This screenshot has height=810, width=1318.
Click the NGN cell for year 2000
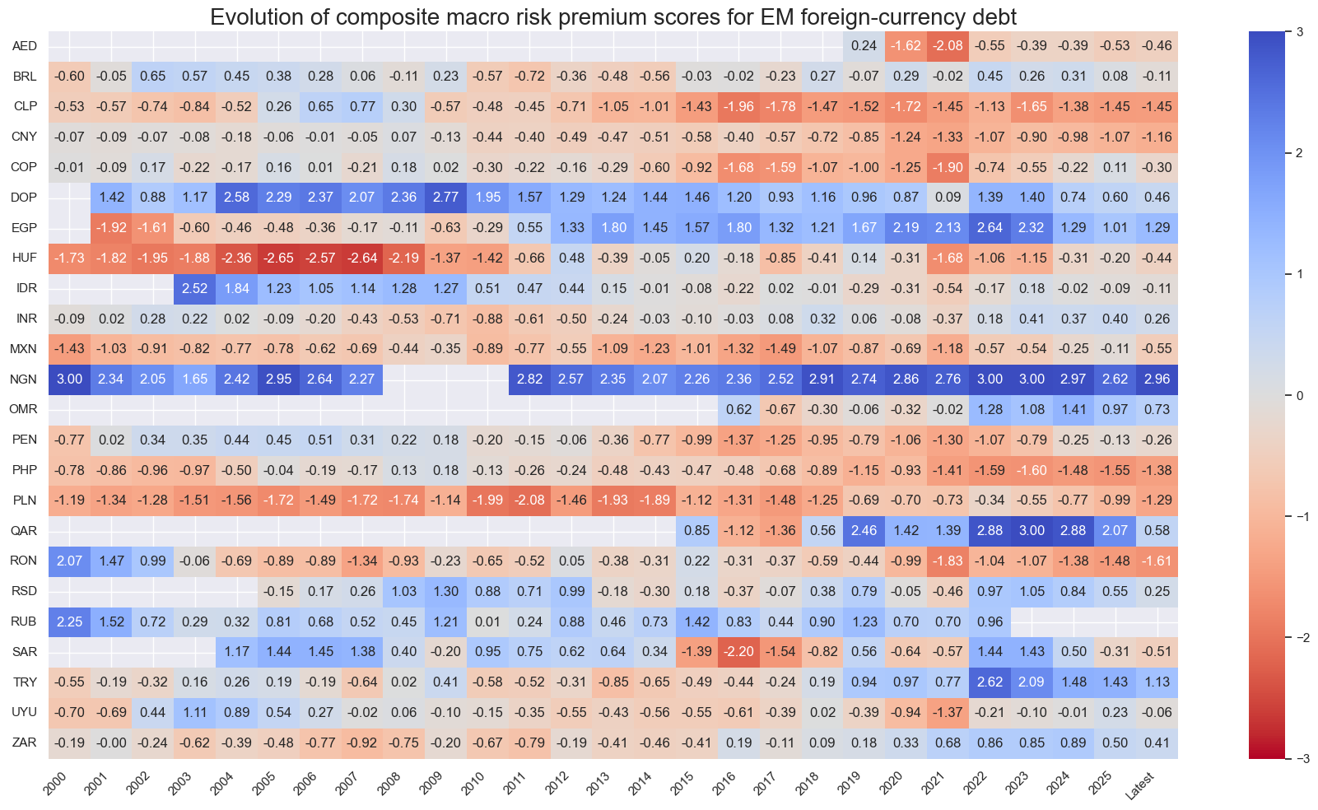[69, 379]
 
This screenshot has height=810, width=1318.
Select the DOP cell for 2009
[446, 198]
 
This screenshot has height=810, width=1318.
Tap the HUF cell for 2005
[278, 258]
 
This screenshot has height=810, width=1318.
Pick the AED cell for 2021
[948, 46]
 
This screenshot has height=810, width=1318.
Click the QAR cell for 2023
[1032, 531]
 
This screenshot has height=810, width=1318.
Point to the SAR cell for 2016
[738, 652]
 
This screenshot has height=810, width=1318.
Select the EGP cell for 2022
[990, 228]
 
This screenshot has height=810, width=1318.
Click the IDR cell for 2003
[195, 288]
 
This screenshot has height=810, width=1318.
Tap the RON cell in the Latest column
[1157, 561]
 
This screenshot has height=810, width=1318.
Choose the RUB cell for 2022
[990, 621]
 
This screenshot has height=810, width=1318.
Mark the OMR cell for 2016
[738, 409]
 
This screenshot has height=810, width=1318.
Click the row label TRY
[24, 682]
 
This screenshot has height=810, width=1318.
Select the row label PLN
[24, 500]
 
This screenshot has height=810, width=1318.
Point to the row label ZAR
[24, 742]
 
